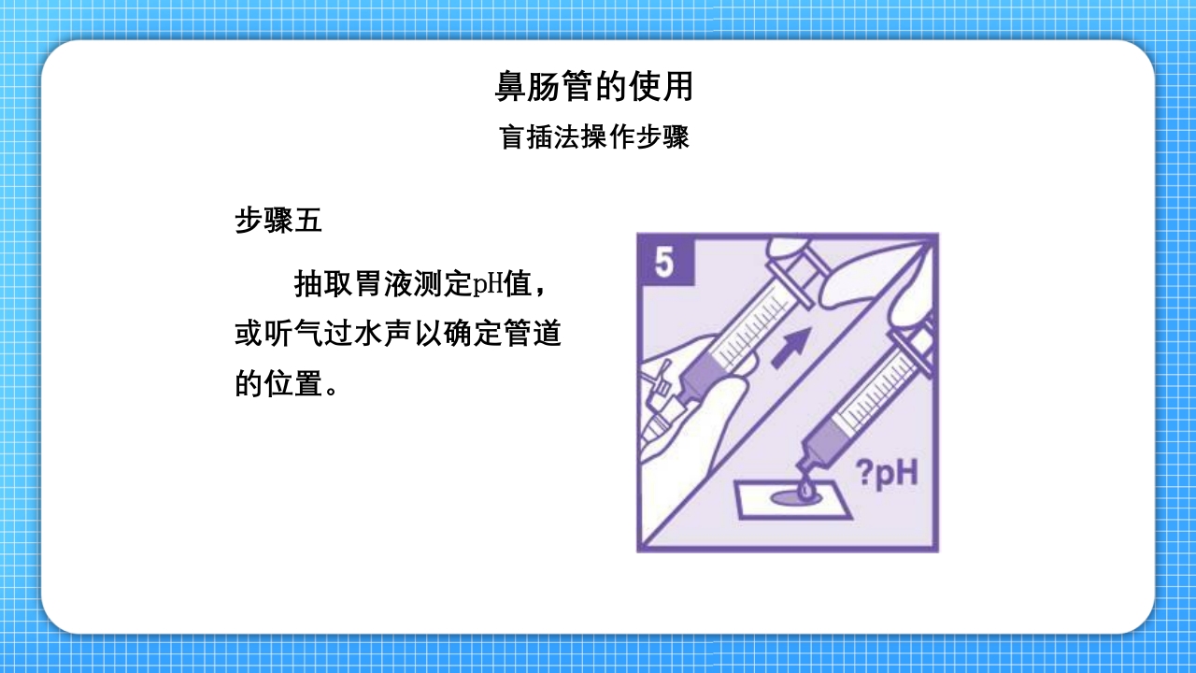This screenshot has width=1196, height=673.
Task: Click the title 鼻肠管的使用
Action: (x=594, y=87)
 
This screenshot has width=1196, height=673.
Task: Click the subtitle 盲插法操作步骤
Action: (x=594, y=138)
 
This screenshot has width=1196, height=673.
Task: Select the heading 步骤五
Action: (x=278, y=221)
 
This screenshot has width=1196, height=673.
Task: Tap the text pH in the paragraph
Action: (x=488, y=284)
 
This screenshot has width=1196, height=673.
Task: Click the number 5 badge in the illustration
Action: (x=664, y=262)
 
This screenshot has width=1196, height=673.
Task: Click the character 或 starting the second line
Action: (x=249, y=334)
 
